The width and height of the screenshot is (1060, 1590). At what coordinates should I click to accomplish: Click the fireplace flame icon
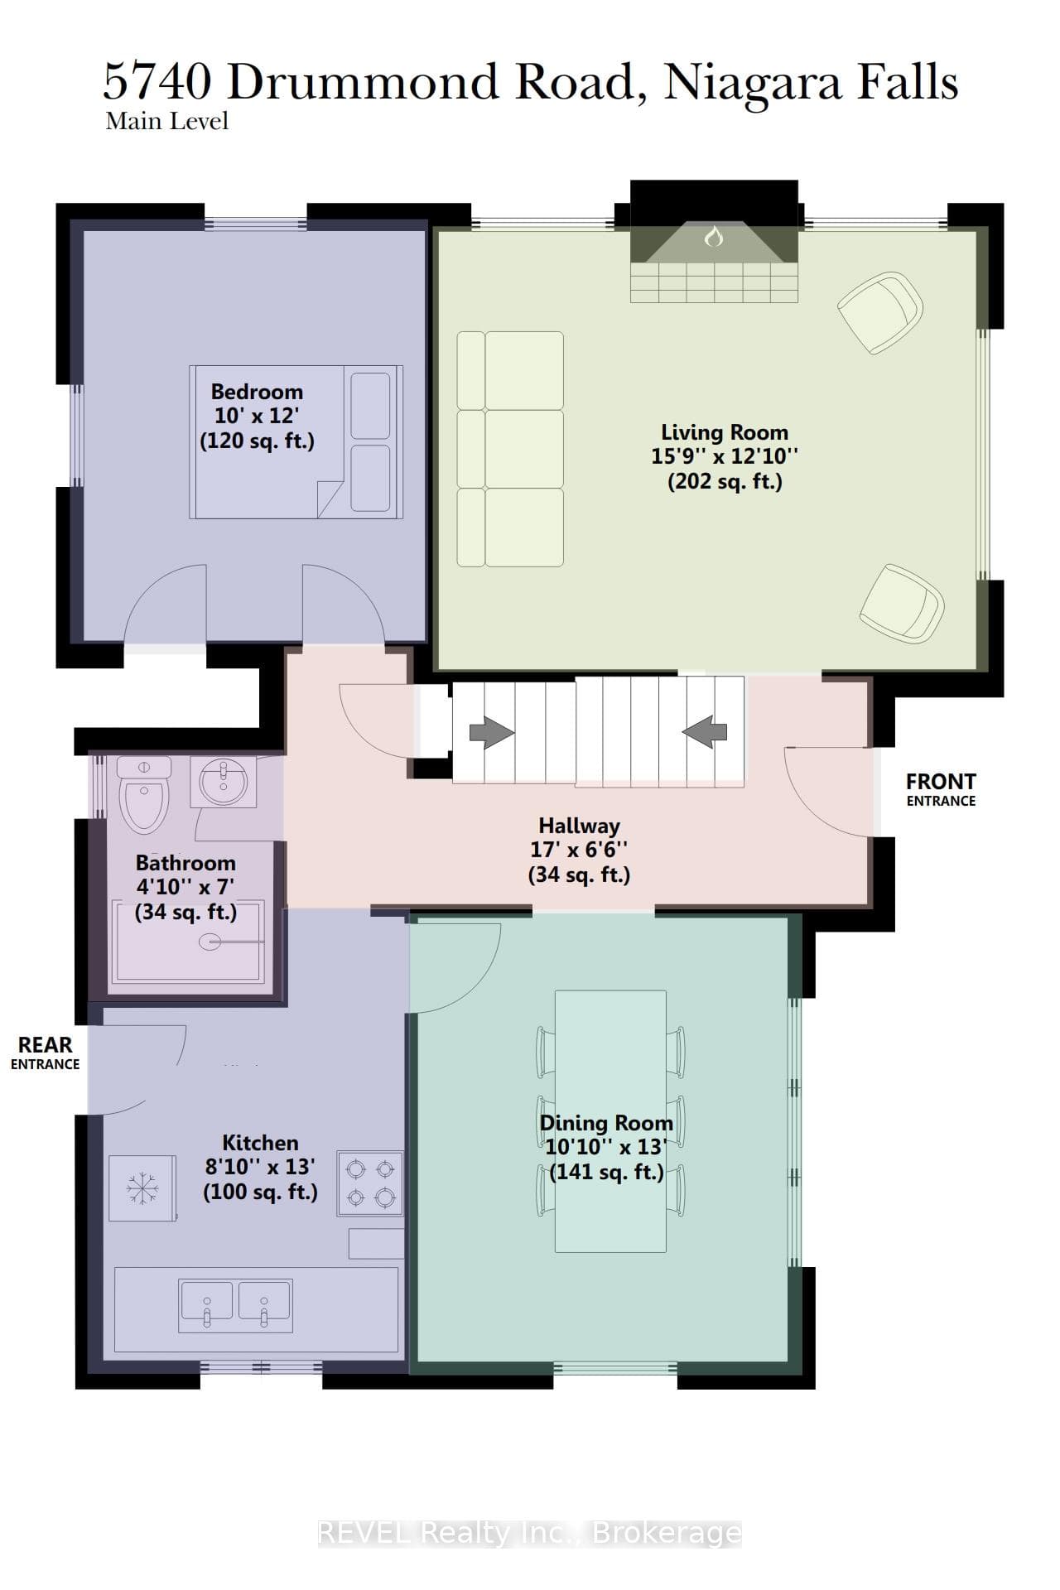(713, 237)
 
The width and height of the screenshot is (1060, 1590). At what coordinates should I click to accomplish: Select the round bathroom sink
(223, 783)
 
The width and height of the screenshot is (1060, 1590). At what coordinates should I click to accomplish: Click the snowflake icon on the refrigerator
(142, 1188)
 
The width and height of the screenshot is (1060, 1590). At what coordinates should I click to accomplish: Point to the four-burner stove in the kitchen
(370, 1183)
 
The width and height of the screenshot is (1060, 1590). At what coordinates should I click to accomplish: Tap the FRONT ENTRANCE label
(941, 789)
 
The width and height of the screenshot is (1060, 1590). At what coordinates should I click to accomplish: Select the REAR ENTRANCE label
(46, 1053)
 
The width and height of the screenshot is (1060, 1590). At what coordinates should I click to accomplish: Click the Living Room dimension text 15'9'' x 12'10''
(725, 456)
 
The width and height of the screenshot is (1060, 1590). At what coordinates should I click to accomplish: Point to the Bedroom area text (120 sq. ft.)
(258, 441)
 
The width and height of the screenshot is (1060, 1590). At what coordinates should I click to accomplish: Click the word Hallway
(579, 826)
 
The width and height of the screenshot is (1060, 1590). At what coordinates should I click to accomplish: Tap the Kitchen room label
(260, 1143)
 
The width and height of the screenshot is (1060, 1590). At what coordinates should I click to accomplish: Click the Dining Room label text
(606, 1123)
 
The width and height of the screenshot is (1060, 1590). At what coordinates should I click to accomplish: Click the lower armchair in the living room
(902, 603)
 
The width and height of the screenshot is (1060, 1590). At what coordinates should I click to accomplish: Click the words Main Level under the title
(167, 121)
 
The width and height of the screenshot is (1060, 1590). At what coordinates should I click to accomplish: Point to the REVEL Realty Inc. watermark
(530, 1533)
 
